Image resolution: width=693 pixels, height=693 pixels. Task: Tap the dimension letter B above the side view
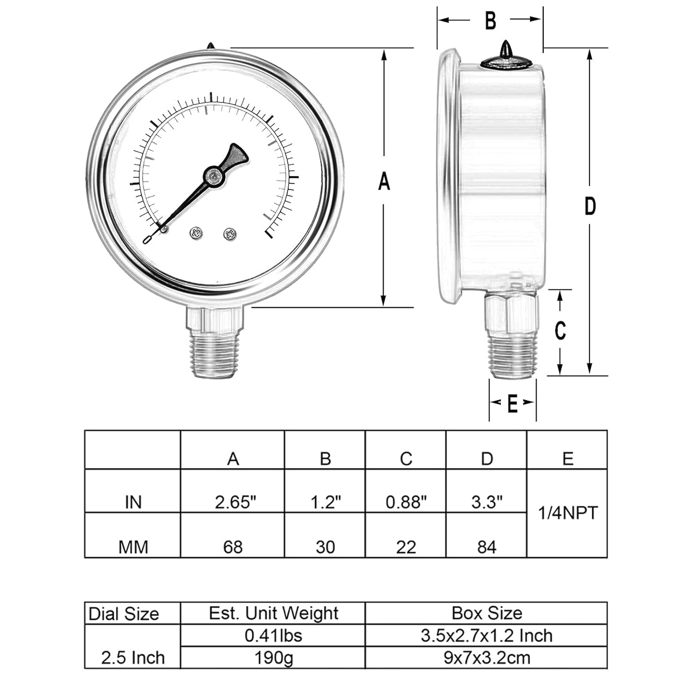[x=490, y=21]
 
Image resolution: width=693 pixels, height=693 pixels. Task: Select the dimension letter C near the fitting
[x=560, y=330]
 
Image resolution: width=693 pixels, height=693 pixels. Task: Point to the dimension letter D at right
[x=590, y=206]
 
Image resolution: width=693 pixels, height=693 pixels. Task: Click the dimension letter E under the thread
[x=512, y=404]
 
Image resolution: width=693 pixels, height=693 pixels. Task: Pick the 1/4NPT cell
[x=567, y=513]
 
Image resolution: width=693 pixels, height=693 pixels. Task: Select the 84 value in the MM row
[x=486, y=547]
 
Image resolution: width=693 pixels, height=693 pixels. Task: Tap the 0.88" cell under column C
[x=406, y=502]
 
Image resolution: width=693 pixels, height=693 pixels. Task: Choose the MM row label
[x=133, y=547]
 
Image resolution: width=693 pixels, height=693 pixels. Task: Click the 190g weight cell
[x=273, y=658]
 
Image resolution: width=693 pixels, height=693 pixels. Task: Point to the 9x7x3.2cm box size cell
[x=487, y=658]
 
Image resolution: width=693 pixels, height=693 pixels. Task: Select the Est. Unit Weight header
[x=273, y=613]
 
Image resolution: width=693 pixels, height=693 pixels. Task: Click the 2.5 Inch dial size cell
[x=133, y=658]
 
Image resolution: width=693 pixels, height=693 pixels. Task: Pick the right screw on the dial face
[x=230, y=234]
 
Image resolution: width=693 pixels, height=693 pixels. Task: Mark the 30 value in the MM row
[x=325, y=547]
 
